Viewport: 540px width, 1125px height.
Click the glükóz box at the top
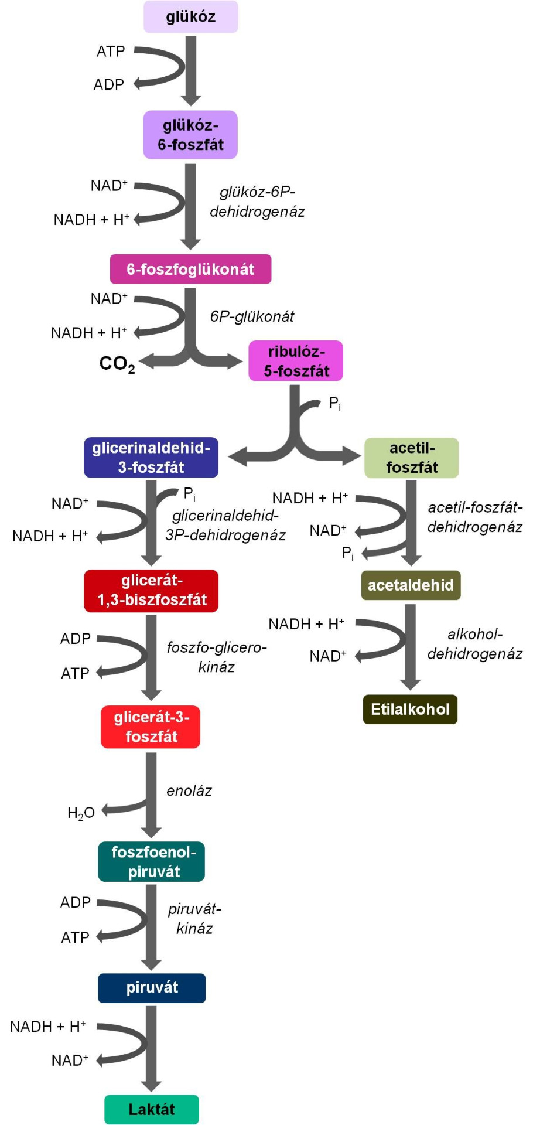[191, 16]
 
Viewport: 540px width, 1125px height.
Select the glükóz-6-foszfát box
[190, 135]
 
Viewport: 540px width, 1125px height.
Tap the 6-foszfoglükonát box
[190, 269]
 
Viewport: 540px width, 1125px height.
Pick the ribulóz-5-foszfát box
[296, 361]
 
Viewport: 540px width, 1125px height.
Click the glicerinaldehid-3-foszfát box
[151, 458]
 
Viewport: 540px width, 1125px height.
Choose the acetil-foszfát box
[412, 458]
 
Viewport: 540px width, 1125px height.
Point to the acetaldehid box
[411, 585]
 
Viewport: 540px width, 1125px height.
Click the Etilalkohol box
[410, 709]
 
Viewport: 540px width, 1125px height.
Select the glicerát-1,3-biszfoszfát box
[151, 591]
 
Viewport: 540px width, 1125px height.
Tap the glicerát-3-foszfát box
[151, 727]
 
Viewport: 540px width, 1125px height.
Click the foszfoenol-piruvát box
[152, 861]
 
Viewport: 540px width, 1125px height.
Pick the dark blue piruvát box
[152, 988]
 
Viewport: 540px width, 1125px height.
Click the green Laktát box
[152, 1109]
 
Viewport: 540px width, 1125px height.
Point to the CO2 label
[117, 364]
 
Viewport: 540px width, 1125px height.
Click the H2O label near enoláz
[81, 813]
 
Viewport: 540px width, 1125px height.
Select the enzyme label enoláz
[189, 791]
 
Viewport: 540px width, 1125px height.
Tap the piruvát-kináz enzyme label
[194, 919]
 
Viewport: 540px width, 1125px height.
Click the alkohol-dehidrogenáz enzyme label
[474, 644]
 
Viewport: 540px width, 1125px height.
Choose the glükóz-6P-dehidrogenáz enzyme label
[257, 202]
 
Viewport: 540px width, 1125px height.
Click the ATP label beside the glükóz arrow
[111, 52]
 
